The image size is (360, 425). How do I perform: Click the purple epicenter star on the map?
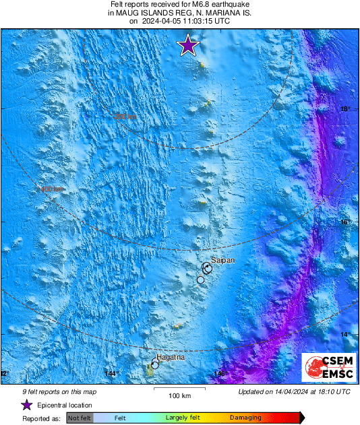tap(188, 46)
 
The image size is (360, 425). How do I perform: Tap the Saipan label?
tap(222, 259)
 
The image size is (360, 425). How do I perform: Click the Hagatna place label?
tap(170, 357)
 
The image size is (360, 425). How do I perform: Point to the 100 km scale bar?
tap(179, 390)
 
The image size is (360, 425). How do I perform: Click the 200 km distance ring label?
tap(125, 117)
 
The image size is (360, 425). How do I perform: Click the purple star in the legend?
tap(27, 405)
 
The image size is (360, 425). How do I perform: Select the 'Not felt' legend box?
tap(80, 418)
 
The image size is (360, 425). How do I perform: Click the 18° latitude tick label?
tap(344, 108)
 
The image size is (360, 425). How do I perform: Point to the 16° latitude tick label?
tap(344, 222)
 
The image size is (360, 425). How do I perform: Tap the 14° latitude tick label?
tap(344, 335)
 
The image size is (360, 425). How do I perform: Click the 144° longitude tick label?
tap(111, 374)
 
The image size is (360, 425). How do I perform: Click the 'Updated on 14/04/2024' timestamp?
tap(295, 391)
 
